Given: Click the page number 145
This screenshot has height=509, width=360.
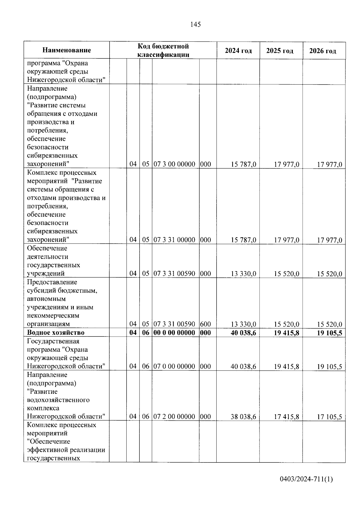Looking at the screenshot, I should click(195, 25).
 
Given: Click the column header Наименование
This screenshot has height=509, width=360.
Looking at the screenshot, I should click(67, 50).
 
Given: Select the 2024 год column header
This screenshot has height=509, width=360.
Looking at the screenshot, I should click(238, 51).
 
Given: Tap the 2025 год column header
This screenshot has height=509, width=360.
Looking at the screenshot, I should click(280, 51).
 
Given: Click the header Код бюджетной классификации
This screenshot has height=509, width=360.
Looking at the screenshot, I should click(163, 50).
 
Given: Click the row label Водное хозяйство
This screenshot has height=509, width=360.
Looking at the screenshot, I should click(56, 332).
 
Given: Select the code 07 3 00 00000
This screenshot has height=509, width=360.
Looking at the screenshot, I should click(174, 164).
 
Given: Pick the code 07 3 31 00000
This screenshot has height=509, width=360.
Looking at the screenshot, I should click(174, 240).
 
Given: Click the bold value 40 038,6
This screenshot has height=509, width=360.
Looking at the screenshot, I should click(243, 333).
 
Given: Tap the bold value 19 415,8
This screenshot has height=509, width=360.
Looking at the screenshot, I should click(286, 333).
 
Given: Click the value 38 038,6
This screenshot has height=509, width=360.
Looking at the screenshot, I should click(243, 417).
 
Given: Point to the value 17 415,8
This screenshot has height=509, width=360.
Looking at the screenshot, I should click(286, 417).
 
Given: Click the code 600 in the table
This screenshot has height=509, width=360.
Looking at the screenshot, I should click(205, 324).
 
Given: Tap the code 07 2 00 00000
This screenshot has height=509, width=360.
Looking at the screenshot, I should click(174, 417).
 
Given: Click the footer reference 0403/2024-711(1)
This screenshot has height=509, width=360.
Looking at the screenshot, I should click(306, 479).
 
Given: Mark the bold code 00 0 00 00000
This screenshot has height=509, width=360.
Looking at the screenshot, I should click(174, 333).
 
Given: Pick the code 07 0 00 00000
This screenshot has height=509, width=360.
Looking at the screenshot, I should click(174, 366).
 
